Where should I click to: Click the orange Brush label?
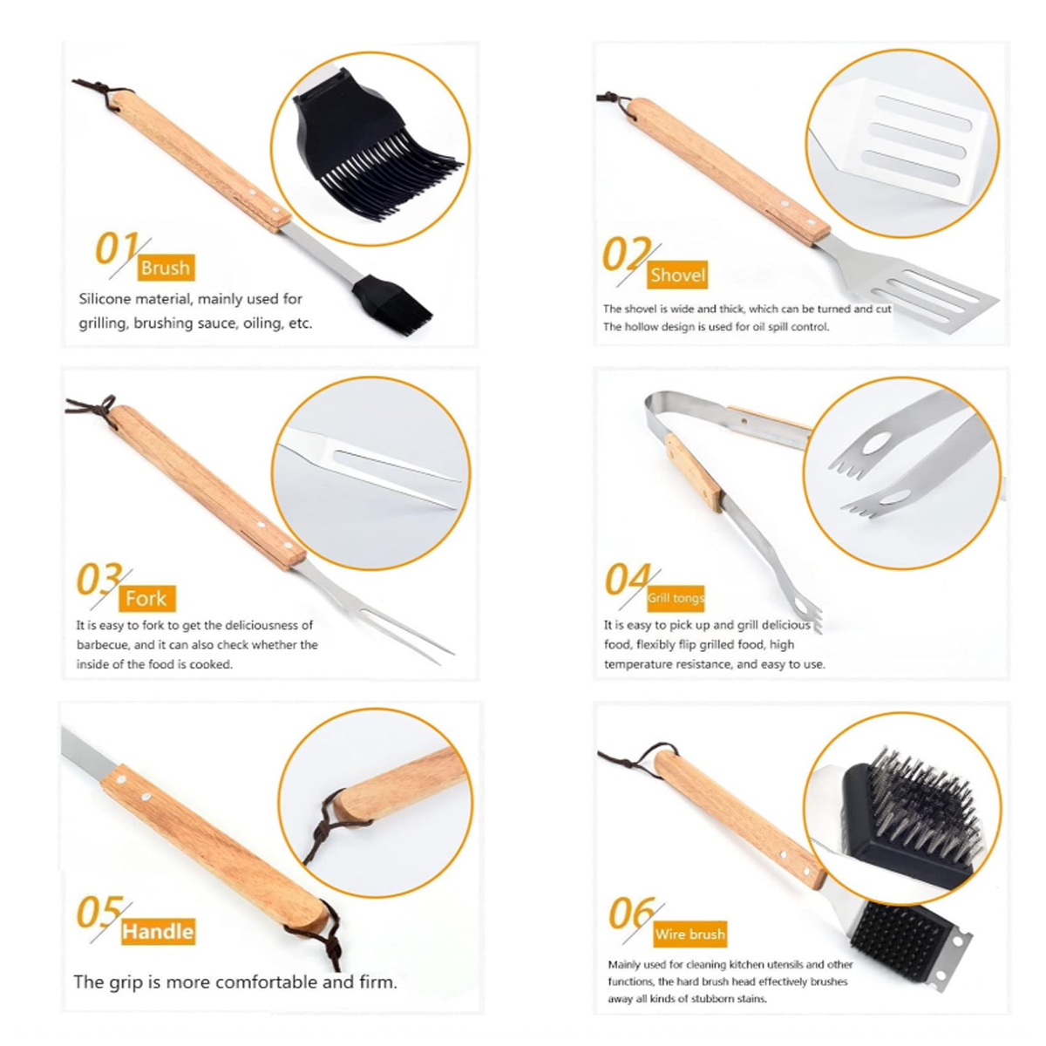[x=166, y=268]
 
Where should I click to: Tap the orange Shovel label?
[x=677, y=275]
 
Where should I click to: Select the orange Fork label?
[x=146, y=598]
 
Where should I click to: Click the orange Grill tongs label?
[x=676, y=598]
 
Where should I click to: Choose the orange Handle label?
[x=158, y=932]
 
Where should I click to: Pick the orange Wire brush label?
[x=689, y=934]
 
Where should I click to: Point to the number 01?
[x=115, y=248]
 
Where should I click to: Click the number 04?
[x=628, y=579]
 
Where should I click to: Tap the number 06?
[x=632, y=913]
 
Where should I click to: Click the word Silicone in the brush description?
[x=105, y=299]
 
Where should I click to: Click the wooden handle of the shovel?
[x=729, y=171]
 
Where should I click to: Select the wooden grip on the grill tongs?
[x=693, y=472]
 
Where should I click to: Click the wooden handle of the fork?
[x=207, y=487]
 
